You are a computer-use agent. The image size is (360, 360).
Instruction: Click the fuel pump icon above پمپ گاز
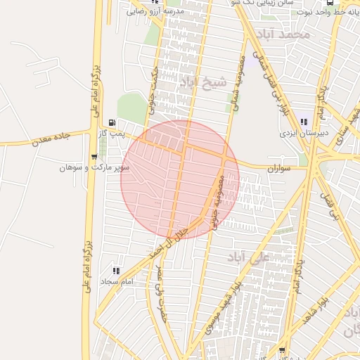tap(112, 122)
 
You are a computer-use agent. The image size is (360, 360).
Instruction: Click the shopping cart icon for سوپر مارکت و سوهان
tap(94, 157)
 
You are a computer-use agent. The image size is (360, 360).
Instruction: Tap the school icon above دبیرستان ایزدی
tap(304, 122)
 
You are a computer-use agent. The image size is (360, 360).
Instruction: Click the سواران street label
tap(278, 169)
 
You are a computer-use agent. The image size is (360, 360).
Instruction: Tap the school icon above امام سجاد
tap(117, 270)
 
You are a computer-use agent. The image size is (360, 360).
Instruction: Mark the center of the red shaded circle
tap(180, 179)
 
